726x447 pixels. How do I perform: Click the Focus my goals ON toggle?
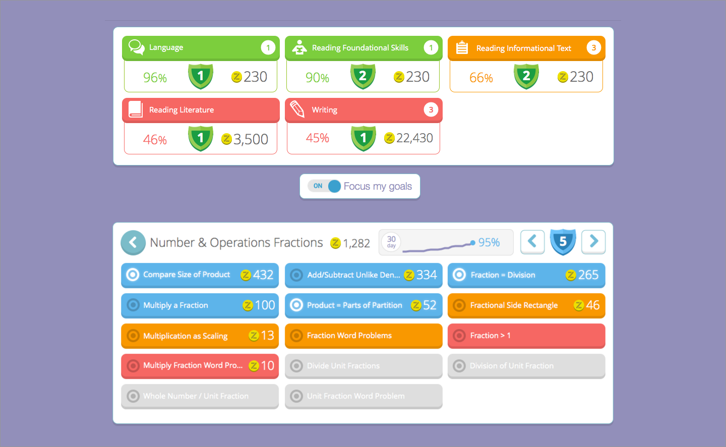(325, 186)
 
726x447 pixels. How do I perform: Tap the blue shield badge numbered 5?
(563, 242)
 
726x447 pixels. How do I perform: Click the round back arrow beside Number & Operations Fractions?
(133, 243)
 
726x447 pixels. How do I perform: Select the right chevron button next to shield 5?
(593, 242)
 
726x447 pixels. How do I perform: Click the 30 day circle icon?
(391, 242)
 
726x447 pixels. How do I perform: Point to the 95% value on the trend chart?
(489, 243)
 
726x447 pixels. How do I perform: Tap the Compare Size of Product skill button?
(200, 275)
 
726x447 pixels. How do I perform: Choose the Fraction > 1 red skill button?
(526, 336)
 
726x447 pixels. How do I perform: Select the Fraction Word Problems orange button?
(363, 336)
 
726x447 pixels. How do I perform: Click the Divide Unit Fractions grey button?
(363, 366)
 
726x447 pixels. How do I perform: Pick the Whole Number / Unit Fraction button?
(200, 396)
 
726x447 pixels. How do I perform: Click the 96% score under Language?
(155, 78)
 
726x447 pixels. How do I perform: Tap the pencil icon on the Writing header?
(297, 109)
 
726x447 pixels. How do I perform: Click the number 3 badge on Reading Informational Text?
(593, 48)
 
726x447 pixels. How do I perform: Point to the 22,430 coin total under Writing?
(414, 138)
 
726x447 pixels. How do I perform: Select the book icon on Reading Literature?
(135, 109)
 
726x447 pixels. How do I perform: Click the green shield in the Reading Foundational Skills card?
(363, 77)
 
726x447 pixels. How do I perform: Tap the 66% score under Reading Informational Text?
(481, 78)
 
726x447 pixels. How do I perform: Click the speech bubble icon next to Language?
(136, 47)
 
